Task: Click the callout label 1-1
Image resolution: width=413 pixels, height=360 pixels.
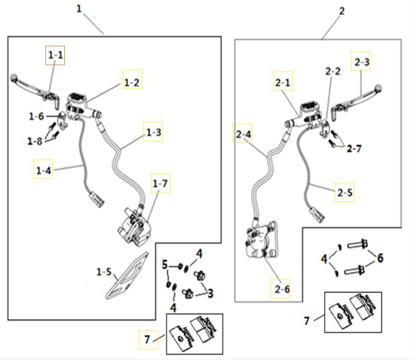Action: [55, 55]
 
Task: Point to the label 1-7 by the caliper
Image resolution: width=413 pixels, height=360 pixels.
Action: [160, 183]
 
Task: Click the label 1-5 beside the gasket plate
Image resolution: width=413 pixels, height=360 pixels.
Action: [104, 272]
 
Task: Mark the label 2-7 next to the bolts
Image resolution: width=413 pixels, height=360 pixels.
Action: [354, 148]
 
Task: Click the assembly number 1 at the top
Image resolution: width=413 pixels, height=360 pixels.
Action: [79, 9]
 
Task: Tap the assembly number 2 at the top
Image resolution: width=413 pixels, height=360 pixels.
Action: [341, 11]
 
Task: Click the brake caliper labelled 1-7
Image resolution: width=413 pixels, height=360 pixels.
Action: [133, 226]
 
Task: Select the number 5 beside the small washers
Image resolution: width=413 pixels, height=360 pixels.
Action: [165, 265]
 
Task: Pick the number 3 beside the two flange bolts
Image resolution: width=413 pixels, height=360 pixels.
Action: [210, 294]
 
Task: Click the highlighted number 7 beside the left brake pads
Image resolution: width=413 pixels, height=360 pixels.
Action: [148, 339]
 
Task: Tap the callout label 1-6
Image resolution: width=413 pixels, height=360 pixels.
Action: [36, 116]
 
